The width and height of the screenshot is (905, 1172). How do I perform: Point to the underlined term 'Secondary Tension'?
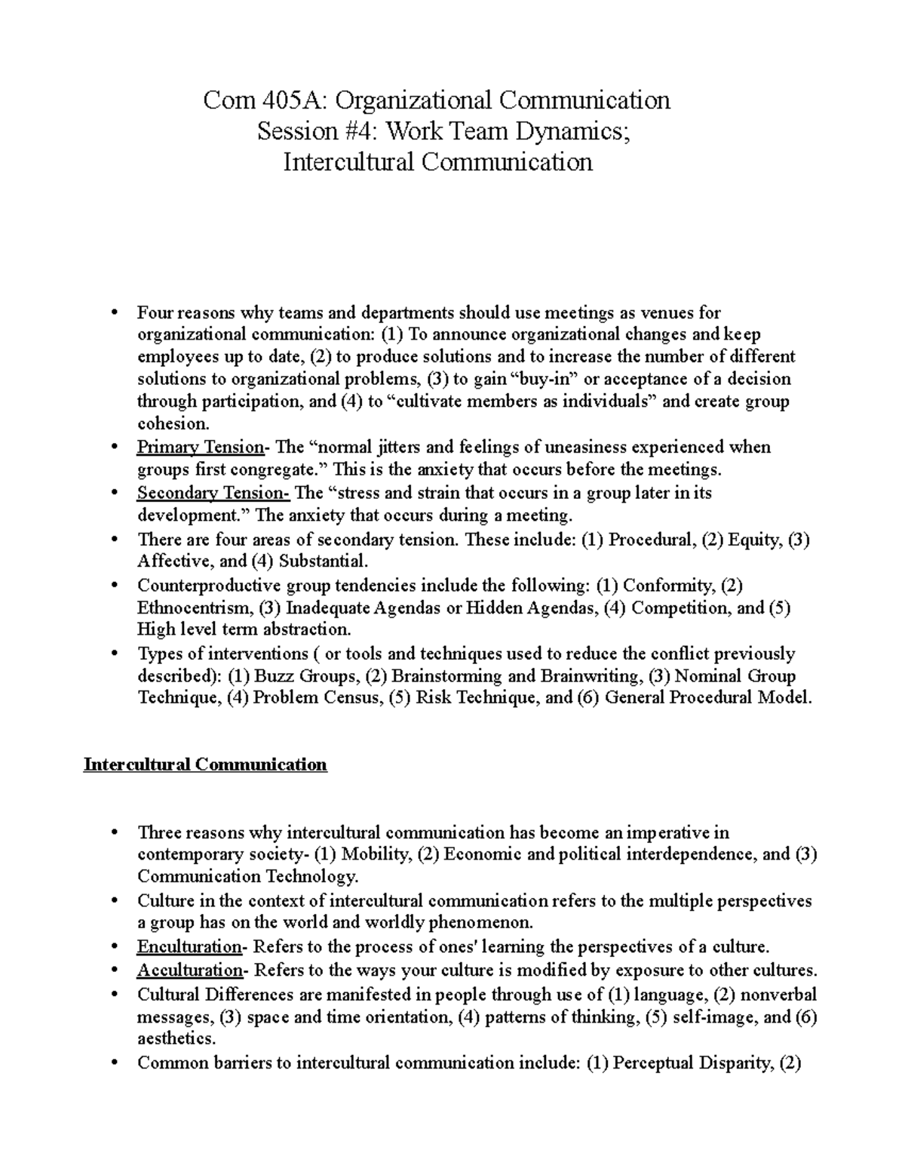click(213, 494)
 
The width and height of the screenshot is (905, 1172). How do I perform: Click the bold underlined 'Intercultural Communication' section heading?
click(205, 764)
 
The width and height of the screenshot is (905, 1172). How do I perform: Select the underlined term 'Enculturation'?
click(189, 947)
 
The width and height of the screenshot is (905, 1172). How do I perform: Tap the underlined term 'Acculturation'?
click(189, 970)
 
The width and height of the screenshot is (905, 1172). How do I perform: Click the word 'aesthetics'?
click(174, 1038)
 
